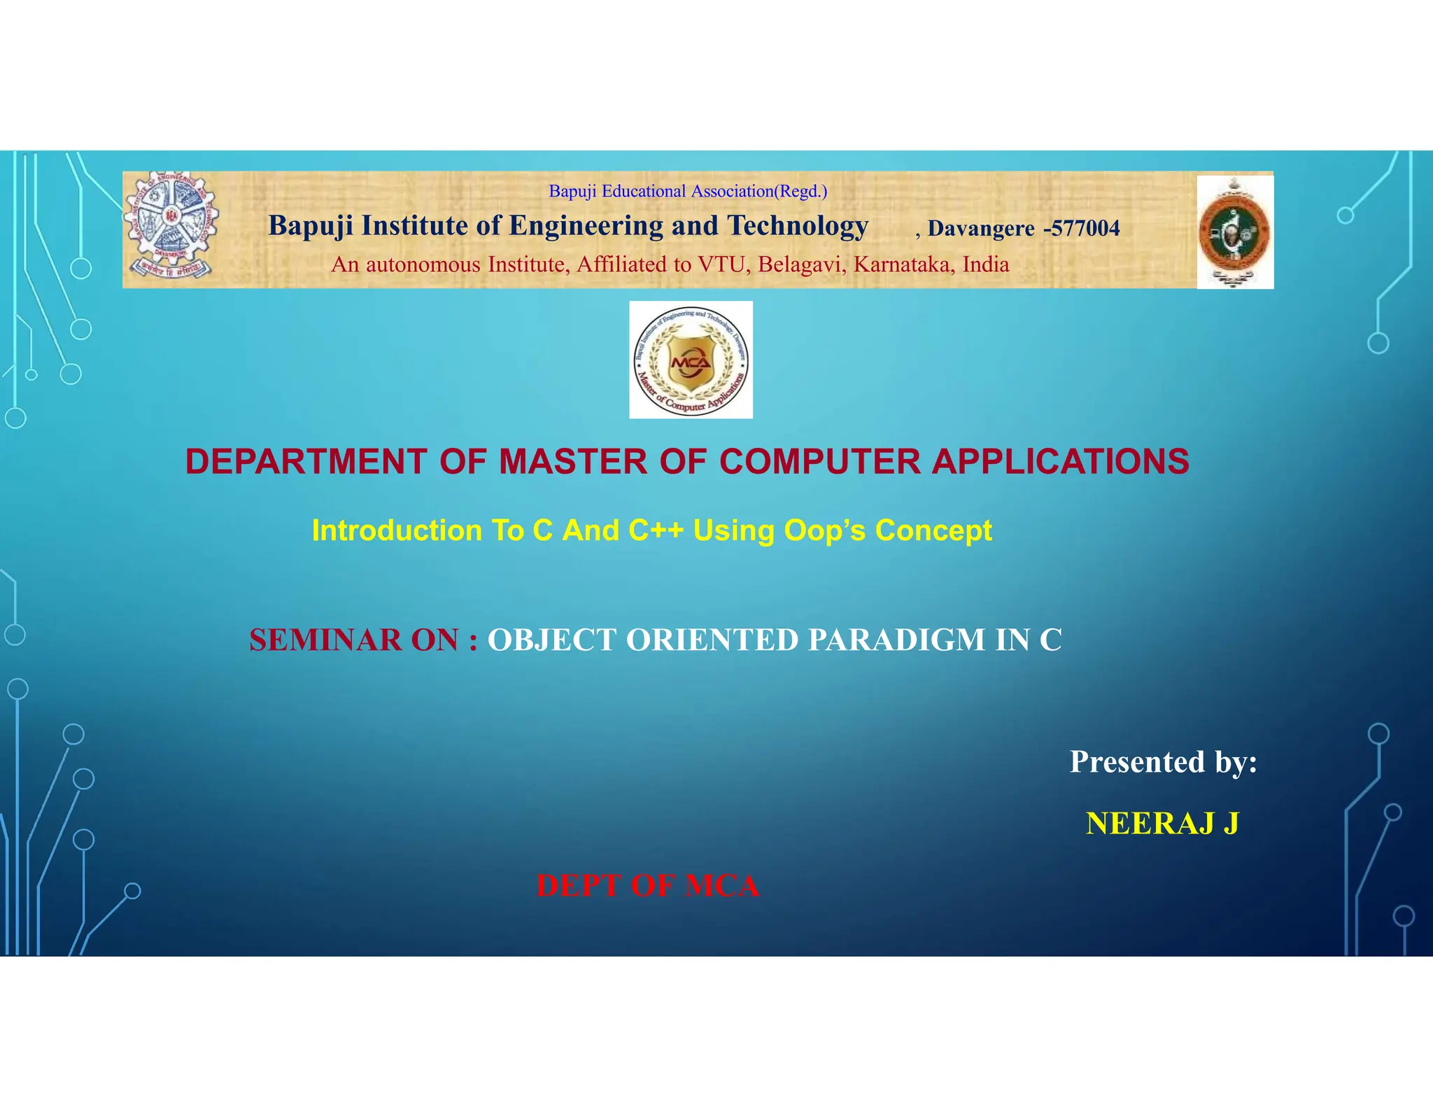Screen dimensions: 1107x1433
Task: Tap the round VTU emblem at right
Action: [1234, 232]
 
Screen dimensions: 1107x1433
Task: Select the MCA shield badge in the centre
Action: [691, 360]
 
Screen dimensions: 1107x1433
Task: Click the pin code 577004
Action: [1085, 228]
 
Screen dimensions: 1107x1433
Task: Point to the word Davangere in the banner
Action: [980, 228]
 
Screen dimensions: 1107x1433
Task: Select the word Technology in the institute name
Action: [798, 226]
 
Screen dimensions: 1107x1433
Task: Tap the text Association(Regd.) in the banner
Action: [759, 191]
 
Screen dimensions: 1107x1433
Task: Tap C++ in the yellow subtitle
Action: [656, 530]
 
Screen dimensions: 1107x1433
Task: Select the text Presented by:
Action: [1163, 761]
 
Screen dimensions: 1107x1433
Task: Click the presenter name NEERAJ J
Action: [1162, 824]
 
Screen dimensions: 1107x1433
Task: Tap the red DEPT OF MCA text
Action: [647, 886]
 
